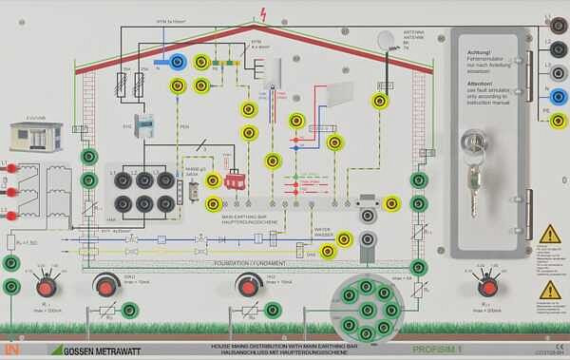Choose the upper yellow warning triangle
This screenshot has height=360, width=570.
coord(549,234)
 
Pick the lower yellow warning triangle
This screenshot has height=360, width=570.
coord(549,290)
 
